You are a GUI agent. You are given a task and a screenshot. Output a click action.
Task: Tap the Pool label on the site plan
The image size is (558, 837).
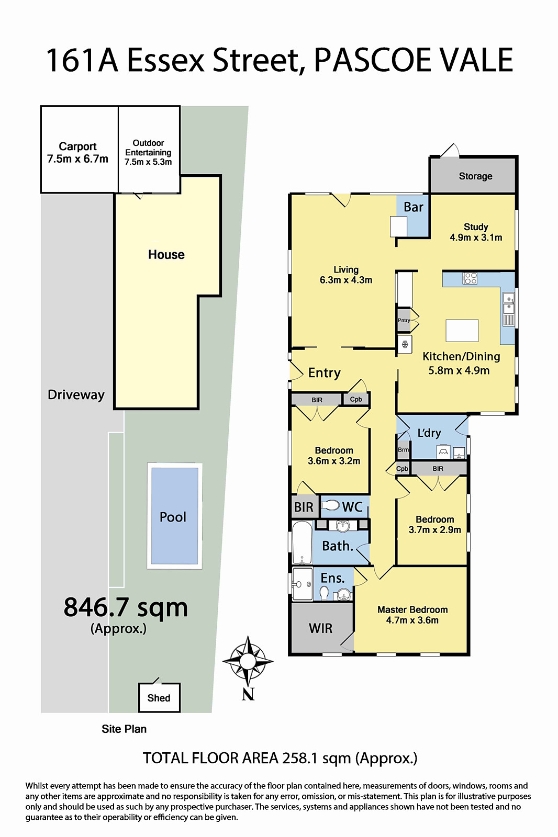click(x=173, y=517)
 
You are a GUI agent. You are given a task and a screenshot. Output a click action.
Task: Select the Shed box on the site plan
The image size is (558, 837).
click(x=159, y=698)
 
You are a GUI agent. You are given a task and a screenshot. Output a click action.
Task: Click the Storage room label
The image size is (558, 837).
click(x=475, y=176)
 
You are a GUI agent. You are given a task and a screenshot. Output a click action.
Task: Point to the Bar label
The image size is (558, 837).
click(x=413, y=207)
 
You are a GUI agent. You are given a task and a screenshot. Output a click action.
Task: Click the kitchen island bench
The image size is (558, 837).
click(x=462, y=330)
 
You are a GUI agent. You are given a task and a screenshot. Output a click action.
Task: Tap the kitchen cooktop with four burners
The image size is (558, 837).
click(x=470, y=278)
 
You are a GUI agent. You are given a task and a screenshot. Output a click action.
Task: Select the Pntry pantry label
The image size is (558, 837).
click(x=404, y=320)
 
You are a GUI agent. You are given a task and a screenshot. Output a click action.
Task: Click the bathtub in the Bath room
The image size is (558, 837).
click(x=302, y=542)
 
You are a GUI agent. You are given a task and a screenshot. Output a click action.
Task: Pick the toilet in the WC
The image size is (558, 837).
click(x=330, y=506)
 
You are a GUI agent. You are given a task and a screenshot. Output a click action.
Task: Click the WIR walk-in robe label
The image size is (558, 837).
click(x=320, y=628)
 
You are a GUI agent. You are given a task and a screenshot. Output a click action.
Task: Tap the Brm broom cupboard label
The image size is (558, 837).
click(x=403, y=449)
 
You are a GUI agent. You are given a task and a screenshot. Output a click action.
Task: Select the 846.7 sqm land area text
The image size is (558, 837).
click(x=126, y=607)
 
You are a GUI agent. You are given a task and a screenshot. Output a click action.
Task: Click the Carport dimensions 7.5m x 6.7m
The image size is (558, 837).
click(x=77, y=159)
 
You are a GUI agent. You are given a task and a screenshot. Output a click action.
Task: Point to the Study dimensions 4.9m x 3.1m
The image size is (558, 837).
click(x=476, y=237)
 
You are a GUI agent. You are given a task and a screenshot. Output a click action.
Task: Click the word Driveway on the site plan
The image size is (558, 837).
click(x=76, y=395)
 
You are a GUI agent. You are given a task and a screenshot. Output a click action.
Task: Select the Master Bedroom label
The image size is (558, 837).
click(x=412, y=609)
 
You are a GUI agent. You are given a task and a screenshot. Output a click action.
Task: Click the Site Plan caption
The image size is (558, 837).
click(x=124, y=729)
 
